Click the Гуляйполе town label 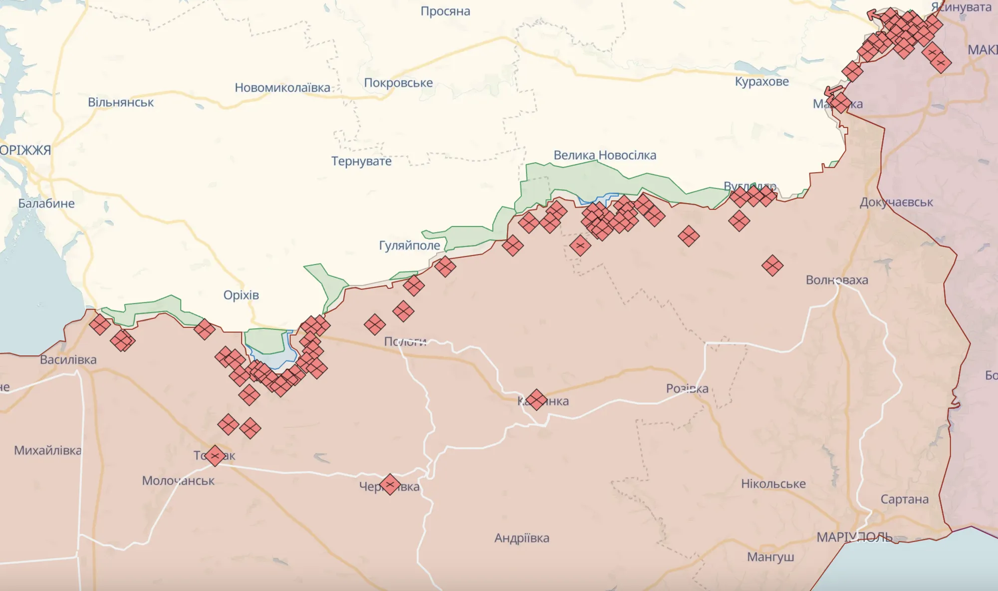point(409,245)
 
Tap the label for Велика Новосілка point(605,155)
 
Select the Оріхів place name point(241,295)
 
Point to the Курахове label point(761,81)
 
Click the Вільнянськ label point(121,102)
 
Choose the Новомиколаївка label point(282,88)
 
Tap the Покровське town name point(398,83)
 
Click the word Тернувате point(361,161)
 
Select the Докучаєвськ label point(896,202)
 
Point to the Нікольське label point(773,484)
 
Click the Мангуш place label point(770,557)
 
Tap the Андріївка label point(521,538)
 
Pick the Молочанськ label point(178,481)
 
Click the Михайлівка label point(47,451)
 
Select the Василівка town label point(68,360)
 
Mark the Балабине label point(46,204)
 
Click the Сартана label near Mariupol point(904,499)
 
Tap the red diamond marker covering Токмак point(215,456)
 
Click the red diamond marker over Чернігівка point(390,484)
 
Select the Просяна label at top point(445,11)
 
